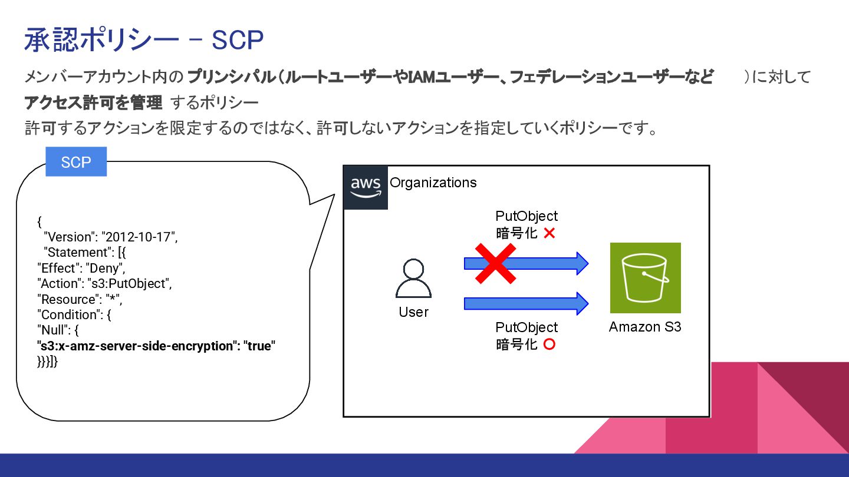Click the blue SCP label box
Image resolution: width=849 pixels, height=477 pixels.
(76, 162)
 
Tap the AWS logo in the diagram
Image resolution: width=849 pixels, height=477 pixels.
(366, 187)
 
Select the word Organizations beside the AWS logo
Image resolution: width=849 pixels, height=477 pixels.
(433, 183)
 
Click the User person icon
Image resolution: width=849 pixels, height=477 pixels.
(413, 279)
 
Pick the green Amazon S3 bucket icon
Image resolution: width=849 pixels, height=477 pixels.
(645, 277)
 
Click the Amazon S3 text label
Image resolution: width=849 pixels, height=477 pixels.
(645, 327)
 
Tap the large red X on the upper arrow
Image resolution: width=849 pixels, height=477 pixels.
(495, 263)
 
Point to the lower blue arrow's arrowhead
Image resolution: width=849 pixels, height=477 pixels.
(581, 303)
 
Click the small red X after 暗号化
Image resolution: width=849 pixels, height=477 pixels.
(549, 233)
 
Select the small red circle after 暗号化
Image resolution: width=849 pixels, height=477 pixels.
(549, 344)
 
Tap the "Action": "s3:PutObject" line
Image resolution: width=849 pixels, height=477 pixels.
(104, 283)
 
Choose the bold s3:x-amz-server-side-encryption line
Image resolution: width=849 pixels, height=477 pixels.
(157, 346)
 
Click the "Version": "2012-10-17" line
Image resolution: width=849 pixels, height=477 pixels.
(110, 237)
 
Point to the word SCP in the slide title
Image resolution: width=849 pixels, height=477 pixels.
(237, 40)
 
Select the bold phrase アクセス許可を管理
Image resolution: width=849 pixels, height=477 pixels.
(93, 103)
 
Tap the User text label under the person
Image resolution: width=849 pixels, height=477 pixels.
(413, 312)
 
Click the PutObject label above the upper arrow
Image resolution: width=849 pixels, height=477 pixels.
(526, 216)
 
